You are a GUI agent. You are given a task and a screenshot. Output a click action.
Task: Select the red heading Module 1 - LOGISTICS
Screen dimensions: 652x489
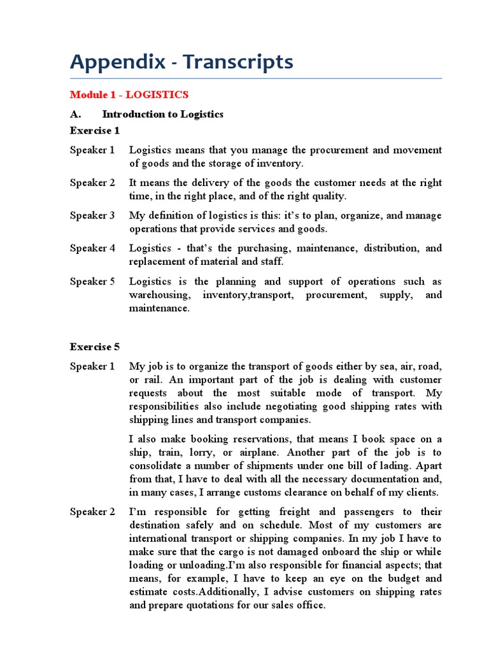[129, 95]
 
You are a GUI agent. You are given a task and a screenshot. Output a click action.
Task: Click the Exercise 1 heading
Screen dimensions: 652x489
[95, 131]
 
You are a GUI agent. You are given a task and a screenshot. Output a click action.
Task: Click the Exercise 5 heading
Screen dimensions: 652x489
[95, 347]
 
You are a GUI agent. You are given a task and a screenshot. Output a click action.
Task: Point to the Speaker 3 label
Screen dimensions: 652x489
[92, 215]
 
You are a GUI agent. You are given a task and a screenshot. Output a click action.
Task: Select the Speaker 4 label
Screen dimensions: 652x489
[92, 248]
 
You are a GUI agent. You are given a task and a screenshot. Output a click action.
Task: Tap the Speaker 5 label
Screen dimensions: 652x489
[92, 281]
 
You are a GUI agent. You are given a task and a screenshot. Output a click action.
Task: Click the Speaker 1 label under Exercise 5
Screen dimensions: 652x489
[92, 366]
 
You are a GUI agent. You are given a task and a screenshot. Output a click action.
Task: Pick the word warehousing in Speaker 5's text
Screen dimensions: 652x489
[159, 295]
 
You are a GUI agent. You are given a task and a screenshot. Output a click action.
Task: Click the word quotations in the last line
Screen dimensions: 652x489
[198, 606]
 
